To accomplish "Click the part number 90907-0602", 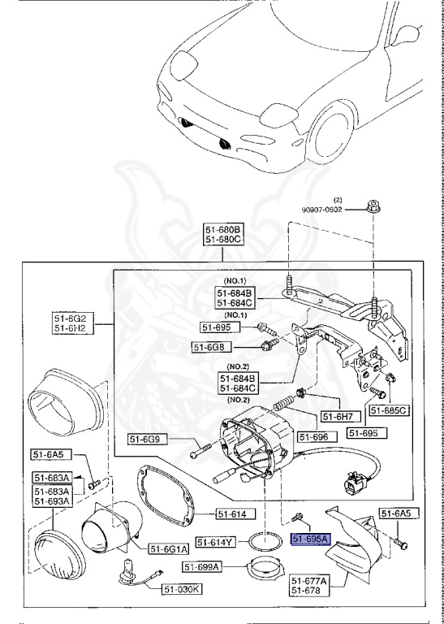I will point(335,207).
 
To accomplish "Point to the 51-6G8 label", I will point(208,347).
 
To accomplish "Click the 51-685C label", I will point(389,410).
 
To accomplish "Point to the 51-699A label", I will point(203,566).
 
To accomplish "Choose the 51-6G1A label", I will point(168,548).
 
